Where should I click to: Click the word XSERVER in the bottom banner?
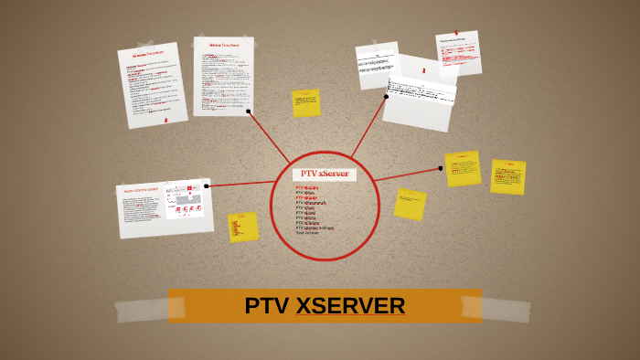coord(350,306)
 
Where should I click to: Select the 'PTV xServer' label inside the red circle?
coord(325,174)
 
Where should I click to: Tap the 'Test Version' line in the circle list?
coord(308,233)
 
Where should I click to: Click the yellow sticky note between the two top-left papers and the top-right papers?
coord(306,103)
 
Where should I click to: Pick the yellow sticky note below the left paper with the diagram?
coord(243,227)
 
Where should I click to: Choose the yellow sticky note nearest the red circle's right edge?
coord(410,205)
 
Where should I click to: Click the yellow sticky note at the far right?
coord(507,177)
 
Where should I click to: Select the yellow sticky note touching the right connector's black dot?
coord(463,169)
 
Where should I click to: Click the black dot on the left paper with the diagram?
coord(207,186)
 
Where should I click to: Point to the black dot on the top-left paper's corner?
coord(249,111)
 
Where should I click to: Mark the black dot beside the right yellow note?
coord(441,168)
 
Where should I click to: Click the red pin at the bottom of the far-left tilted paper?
coord(165,120)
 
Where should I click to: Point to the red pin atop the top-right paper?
coord(456,34)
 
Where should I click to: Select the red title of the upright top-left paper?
coord(224,45)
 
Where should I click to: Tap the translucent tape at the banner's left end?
coord(142,310)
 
